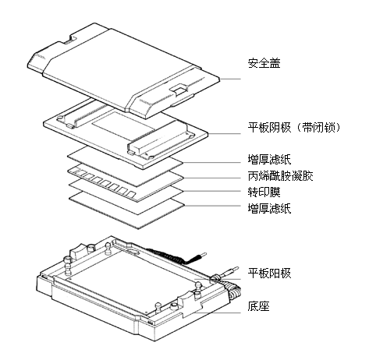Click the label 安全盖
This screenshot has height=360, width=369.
264,63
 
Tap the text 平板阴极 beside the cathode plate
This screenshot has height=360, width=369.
269,128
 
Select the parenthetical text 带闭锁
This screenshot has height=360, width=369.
319,128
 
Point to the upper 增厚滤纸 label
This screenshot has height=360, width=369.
269,159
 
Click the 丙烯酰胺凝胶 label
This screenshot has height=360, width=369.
280,176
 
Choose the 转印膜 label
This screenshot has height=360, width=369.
264,192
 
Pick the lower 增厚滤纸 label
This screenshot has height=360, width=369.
269,208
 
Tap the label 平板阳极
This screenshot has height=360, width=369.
269,274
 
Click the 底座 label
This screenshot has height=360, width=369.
258,306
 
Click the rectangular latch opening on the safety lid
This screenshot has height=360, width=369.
179,89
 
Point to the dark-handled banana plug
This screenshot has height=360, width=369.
197,257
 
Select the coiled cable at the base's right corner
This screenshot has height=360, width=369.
235,292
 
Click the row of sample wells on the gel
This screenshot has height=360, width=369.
104,182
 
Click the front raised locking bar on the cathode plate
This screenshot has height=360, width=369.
161,141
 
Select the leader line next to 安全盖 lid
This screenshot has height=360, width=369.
230,79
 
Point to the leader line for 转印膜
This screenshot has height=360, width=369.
212,191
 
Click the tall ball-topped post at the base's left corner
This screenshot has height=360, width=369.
68,266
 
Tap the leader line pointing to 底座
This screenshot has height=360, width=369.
218,312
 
